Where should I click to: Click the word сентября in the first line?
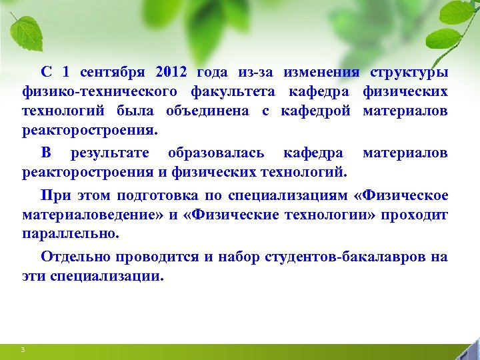(114, 72)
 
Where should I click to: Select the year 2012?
(172, 72)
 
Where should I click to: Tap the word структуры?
(409, 72)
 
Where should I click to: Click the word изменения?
(321, 72)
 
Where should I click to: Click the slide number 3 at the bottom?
(23, 350)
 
